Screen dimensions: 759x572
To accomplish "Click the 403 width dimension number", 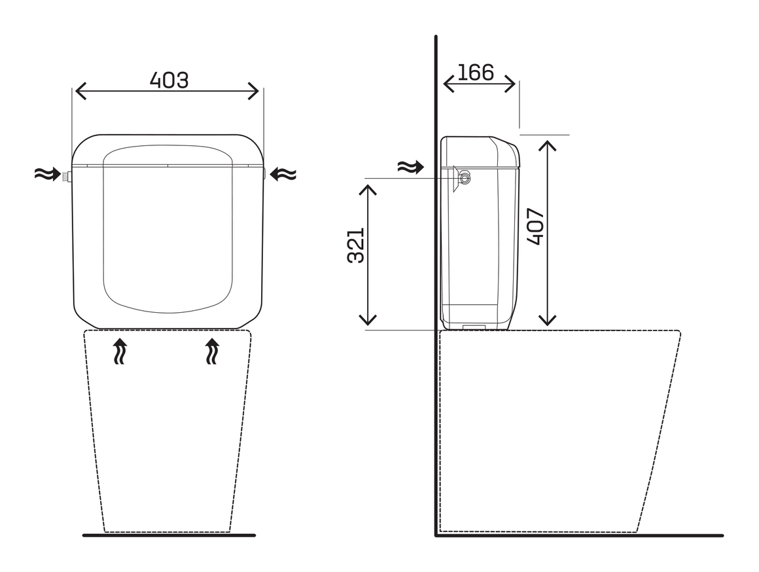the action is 169,80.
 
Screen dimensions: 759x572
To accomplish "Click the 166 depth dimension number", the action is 475,73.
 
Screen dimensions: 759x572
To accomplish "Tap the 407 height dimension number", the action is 535,226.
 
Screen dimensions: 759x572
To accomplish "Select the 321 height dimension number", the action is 356,245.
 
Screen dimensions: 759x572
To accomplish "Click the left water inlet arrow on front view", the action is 48,173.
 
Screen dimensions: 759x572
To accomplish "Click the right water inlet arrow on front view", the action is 283,173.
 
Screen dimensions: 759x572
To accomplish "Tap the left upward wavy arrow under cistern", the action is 120,351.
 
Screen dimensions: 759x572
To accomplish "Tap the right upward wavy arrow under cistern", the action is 211,351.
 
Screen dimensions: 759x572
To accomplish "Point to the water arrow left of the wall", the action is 410,167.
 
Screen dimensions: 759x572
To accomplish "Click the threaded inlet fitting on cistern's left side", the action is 67,175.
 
